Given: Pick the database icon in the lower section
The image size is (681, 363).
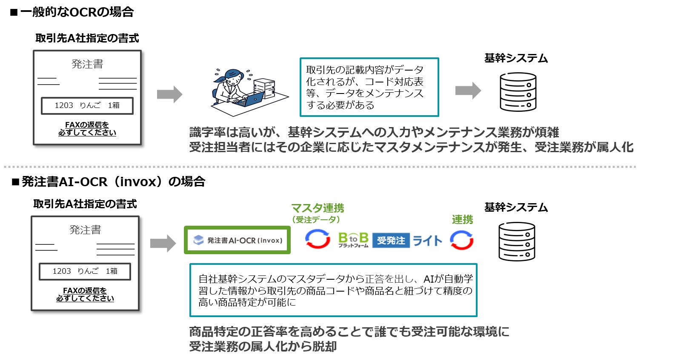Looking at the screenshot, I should click(x=517, y=241).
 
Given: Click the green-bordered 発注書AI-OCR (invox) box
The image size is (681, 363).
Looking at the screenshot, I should click(x=237, y=240).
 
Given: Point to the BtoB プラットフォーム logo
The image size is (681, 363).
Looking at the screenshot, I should click(x=353, y=240).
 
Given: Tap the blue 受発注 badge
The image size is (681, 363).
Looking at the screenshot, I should click(x=391, y=241).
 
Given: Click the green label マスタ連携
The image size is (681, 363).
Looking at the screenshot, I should click(x=318, y=208).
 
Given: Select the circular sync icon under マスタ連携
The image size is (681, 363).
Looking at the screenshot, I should click(x=318, y=239).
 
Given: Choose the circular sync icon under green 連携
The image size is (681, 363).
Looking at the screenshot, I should click(x=462, y=240).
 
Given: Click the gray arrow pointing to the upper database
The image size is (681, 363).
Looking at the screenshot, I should click(x=468, y=91).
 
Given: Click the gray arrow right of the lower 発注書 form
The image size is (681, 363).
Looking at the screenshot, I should click(x=163, y=244).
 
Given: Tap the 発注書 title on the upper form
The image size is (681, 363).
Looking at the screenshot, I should click(x=87, y=64).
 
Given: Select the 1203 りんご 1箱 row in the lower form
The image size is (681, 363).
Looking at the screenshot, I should click(x=85, y=271).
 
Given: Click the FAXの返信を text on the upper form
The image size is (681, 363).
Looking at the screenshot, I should click(x=87, y=125).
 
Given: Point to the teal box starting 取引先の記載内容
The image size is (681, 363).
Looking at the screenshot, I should click(x=369, y=87).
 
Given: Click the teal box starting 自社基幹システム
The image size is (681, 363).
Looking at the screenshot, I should click(x=333, y=290).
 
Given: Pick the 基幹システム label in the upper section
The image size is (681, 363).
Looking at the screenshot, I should click(x=516, y=58).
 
